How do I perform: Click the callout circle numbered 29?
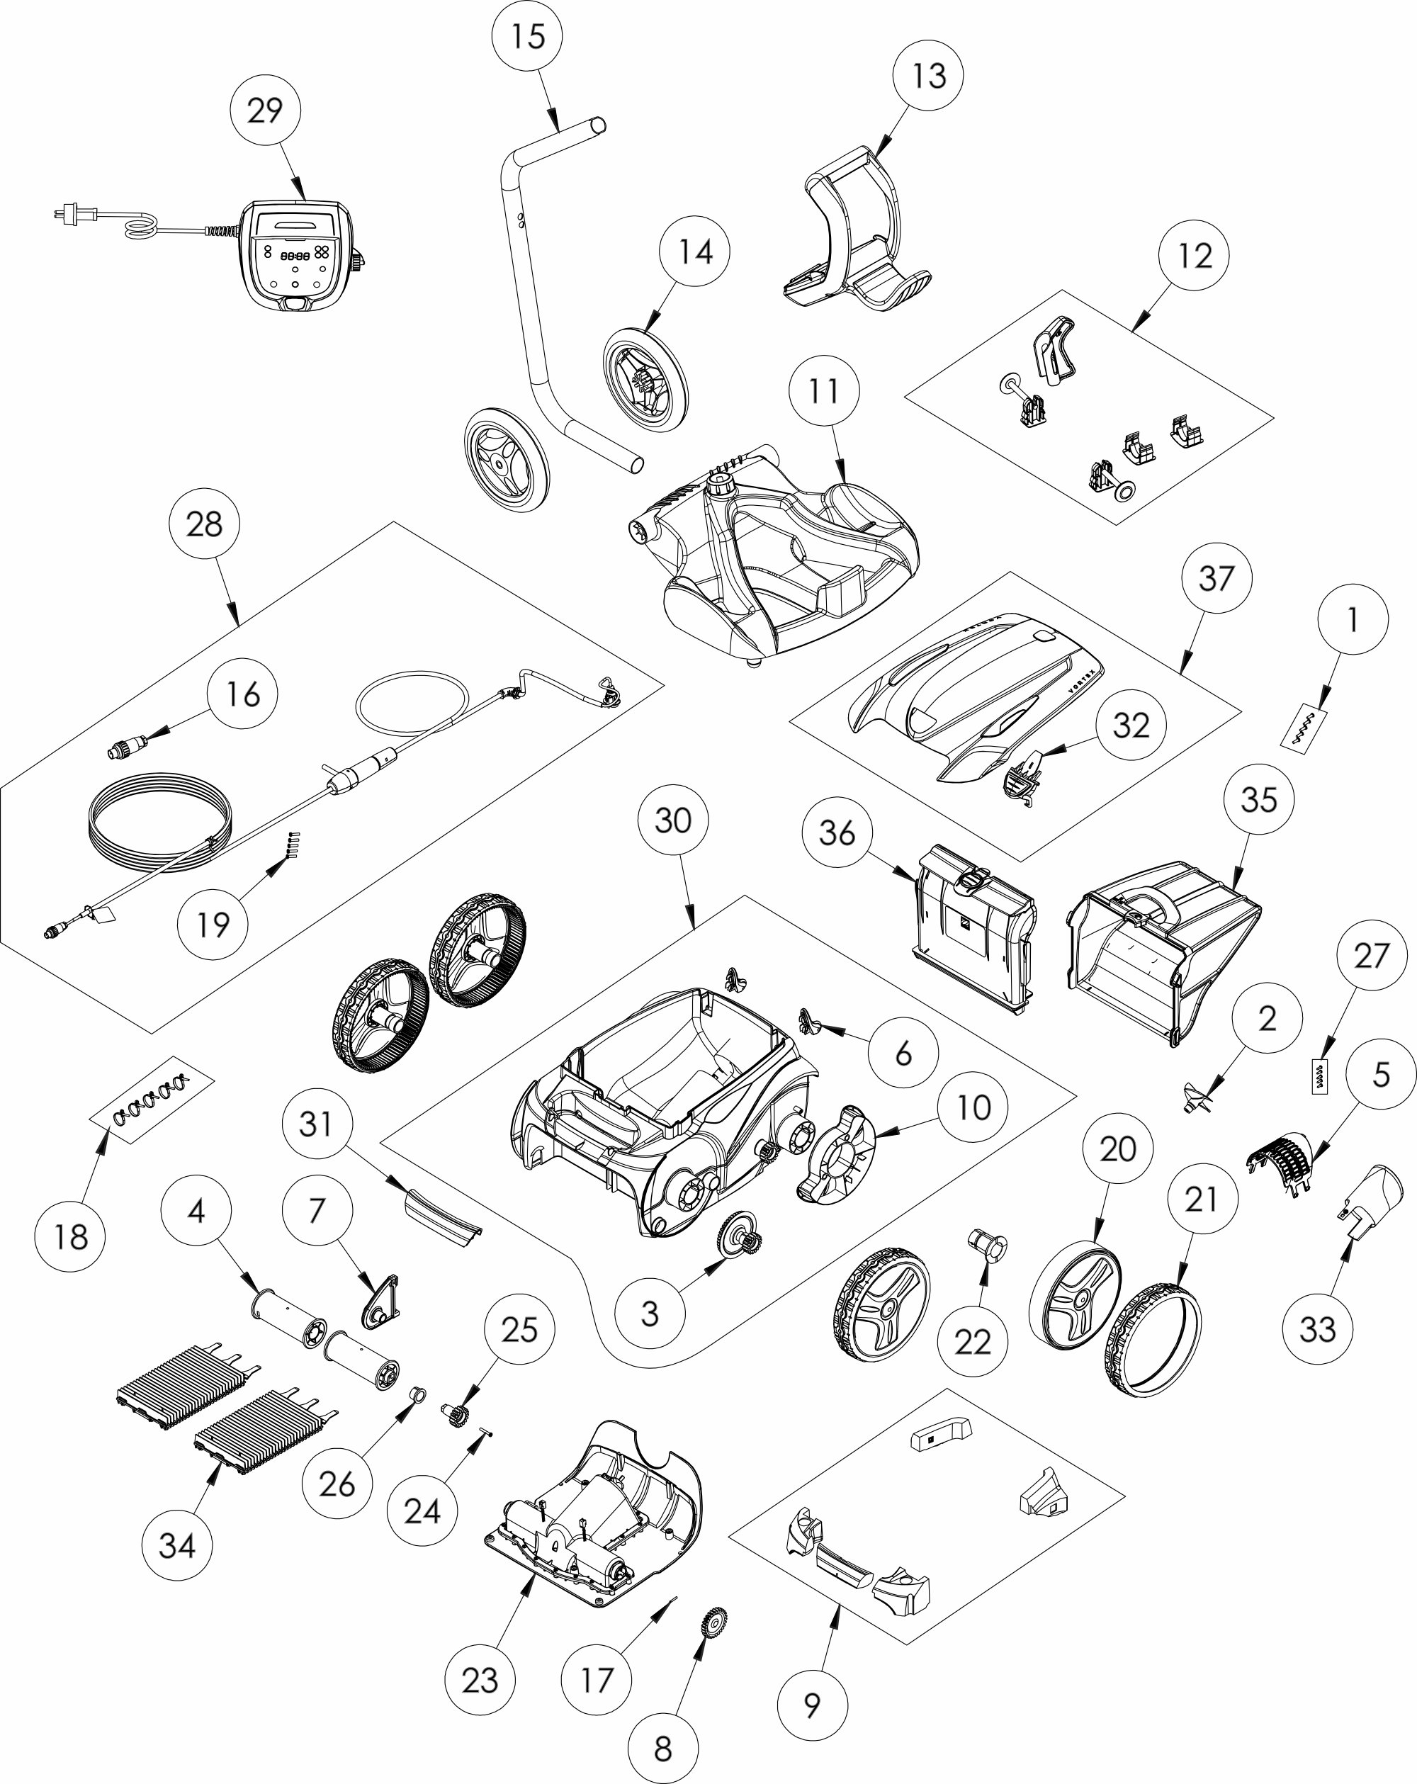tap(265, 110)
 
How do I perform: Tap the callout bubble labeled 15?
tap(527, 36)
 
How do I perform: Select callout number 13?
tap(929, 75)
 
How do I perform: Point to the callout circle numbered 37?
tap(1216, 578)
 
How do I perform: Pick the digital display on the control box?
tap(295, 256)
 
